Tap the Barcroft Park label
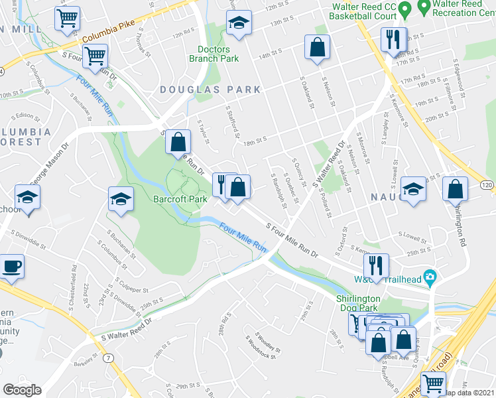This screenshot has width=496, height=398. click(x=180, y=198)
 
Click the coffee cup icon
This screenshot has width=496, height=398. click(x=12, y=267)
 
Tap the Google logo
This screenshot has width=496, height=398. click(x=22, y=390)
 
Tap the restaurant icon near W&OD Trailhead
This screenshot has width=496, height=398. click(x=377, y=265)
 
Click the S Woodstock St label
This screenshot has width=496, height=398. click(x=260, y=346)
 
